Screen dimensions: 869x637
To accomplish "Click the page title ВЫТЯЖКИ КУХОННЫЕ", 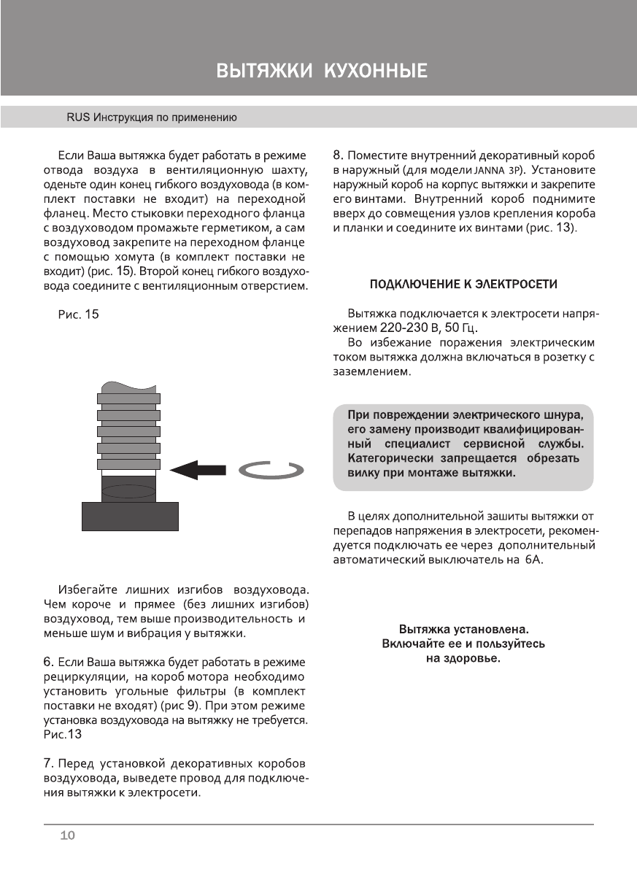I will [x=321, y=72].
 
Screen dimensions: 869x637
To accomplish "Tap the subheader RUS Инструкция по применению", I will [x=152, y=117].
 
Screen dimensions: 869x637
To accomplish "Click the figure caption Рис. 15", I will [x=78, y=314].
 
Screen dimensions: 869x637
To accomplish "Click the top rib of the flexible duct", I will [x=128, y=398].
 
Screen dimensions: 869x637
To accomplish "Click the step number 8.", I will [x=338, y=155].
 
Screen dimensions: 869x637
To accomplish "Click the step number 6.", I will [x=48, y=663].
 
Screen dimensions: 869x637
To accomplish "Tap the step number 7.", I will [x=48, y=764].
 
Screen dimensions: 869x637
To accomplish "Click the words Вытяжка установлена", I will [x=463, y=629].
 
